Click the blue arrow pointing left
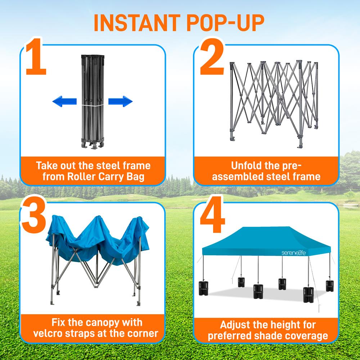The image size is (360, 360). point(64,102)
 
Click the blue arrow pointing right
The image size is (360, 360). point(120,102)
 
